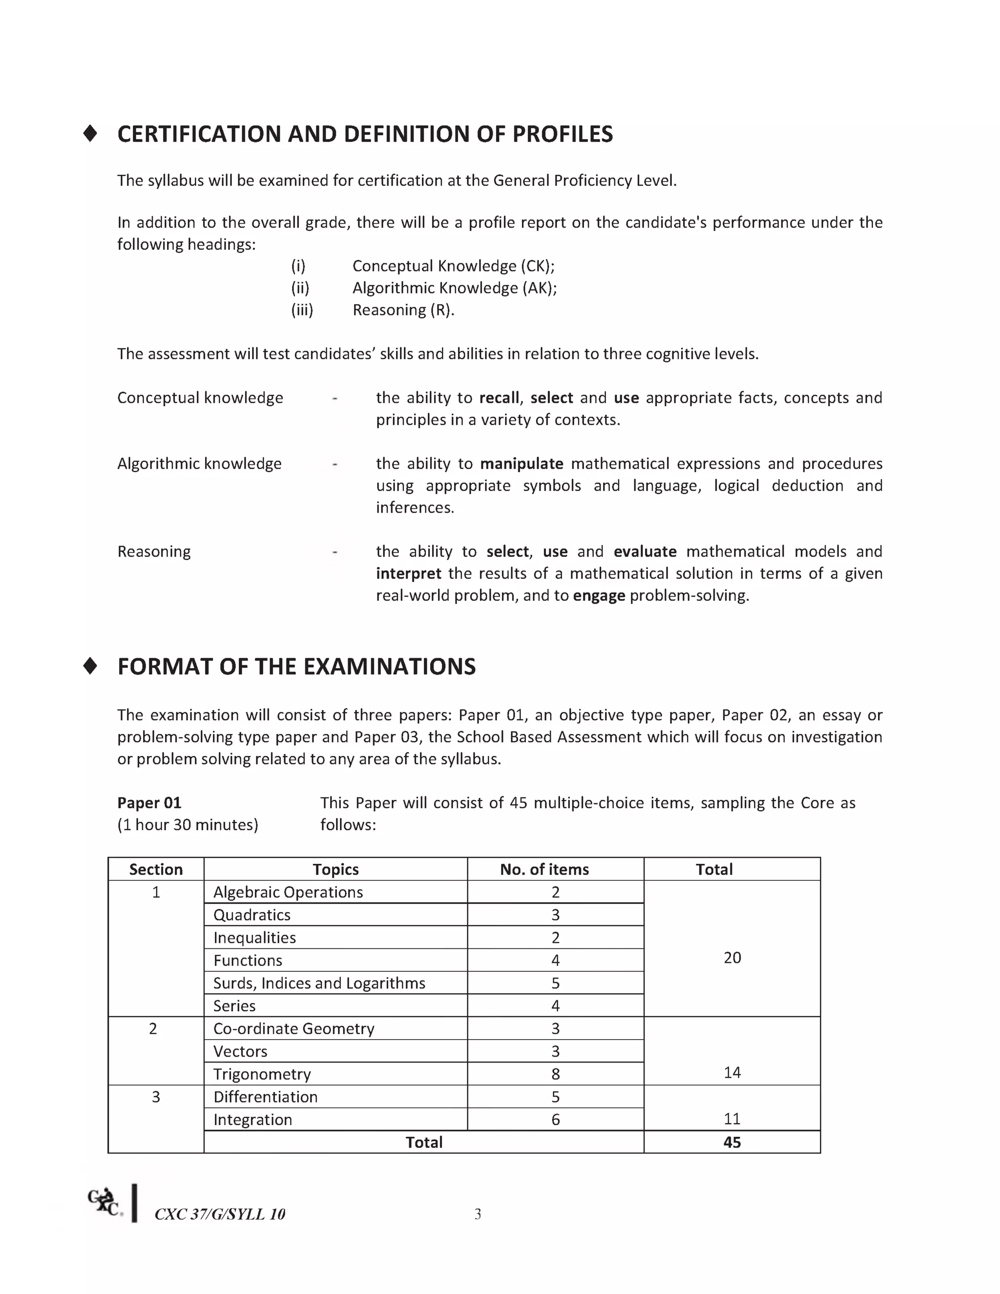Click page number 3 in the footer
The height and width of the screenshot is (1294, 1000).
click(478, 1214)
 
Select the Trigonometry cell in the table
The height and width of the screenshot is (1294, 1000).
click(262, 1074)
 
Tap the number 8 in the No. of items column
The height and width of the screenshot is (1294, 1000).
click(555, 1074)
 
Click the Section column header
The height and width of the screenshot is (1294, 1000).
click(156, 869)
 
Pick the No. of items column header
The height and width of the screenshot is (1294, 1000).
click(544, 869)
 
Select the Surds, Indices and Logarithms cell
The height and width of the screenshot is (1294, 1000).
click(319, 983)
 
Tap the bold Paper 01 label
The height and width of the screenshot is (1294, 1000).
click(149, 803)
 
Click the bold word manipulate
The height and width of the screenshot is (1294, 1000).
click(521, 463)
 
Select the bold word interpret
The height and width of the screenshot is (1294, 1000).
click(408, 574)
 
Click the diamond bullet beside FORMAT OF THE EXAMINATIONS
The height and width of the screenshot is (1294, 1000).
click(90, 666)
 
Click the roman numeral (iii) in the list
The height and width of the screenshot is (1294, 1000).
click(302, 310)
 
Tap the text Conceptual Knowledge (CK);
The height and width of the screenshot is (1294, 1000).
click(453, 266)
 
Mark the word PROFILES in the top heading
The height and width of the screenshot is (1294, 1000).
click(562, 134)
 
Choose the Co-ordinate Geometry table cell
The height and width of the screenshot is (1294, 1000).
click(293, 1028)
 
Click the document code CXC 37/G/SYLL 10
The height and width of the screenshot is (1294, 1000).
click(220, 1214)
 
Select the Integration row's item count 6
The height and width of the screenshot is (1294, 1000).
click(555, 1119)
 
